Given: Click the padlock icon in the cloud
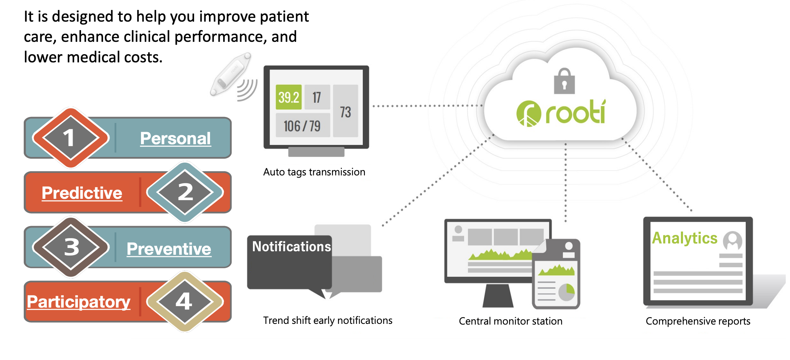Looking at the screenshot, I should (x=564, y=82).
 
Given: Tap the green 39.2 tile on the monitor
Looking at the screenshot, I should (x=288, y=97).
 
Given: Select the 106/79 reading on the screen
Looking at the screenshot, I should (x=302, y=126).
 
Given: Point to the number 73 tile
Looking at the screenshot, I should (x=345, y=112).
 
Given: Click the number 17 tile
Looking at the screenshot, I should (x=317, y=97).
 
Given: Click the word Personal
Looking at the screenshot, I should (x=175, y=138).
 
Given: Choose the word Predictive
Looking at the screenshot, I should (x=82, y=193).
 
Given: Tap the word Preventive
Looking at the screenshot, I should (x=169, y=249).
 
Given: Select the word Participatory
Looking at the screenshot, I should (x=79, y=302).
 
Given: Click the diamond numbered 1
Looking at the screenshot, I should (x=70, y=138).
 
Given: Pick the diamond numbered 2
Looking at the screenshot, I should (x=185, y=192).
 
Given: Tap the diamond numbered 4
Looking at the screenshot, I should (x=185, y=302).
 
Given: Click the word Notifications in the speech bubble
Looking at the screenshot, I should (x=291, y=247).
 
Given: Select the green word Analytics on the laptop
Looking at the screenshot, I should (x=684, y=238).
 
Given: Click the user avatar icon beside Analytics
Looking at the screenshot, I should (x=732, y=241).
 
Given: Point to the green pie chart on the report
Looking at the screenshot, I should (x=566, y=292).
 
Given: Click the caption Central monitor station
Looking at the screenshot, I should (x=510, y=321).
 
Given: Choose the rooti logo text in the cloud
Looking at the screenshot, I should (x=575, y=113).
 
